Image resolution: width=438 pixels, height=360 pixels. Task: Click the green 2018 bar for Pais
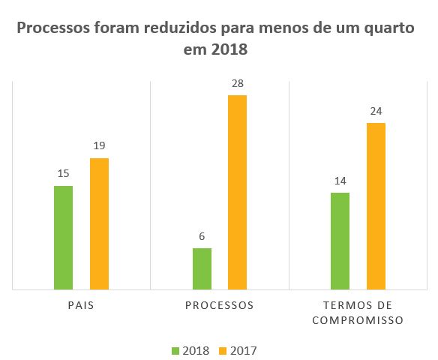(x=64, y=237)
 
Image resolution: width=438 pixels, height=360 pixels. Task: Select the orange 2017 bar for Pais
(x=99, y=223)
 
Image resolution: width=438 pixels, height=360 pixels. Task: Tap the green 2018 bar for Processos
(x=202, y=268)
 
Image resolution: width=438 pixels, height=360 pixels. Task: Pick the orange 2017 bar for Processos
(x=237, y=192)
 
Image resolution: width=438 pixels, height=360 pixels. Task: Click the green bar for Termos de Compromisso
(x=340, y=240)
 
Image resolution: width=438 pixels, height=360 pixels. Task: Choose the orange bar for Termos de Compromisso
(x=376, y=205)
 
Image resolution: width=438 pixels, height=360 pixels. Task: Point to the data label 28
(x=237, y=84)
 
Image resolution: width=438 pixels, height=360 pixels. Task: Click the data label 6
(x=202, y=236)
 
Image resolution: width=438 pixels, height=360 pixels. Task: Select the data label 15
(x=64, y=174)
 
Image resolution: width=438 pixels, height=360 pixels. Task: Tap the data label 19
(x=99, y=146)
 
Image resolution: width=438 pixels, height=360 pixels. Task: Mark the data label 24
(x=376, y=111)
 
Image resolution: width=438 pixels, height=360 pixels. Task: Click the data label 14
(x=340, y=181)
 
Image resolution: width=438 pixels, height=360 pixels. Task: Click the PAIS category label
(x=81, y=306)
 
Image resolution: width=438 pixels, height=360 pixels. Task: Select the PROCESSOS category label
(x=219, y=306)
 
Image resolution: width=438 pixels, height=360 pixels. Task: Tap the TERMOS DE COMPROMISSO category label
(x=358, y=313)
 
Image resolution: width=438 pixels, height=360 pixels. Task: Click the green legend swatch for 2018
(x=176, y=350)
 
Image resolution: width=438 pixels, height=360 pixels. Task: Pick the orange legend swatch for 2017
(x=223, y=350)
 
